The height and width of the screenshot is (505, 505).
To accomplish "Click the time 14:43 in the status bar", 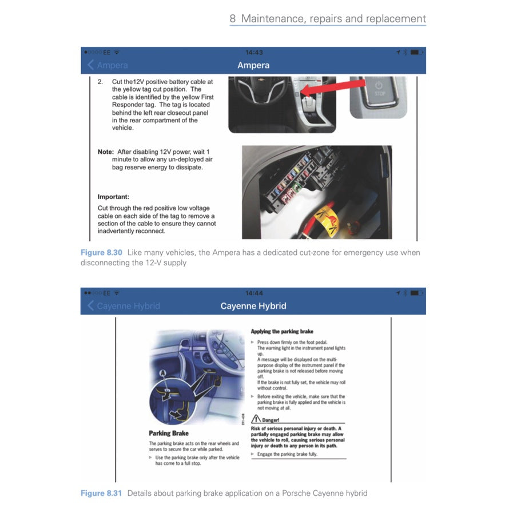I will click(x=253, y=52).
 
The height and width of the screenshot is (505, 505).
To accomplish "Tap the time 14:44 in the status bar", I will click(x=253, y=293).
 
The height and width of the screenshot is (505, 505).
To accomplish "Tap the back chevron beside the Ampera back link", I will click(x=90, y=65).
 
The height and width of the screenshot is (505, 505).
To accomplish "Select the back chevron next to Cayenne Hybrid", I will click(x=90, y=306).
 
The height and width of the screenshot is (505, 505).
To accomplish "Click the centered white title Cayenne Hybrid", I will click(x=253, y=306).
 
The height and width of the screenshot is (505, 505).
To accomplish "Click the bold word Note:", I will click(x=106, y=152).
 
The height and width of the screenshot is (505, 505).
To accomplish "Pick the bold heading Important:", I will click(x=113, y=196).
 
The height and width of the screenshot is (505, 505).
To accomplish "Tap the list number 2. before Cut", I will click(x=100, y=82).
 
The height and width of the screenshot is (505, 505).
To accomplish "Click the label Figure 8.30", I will click(x=101, y=253).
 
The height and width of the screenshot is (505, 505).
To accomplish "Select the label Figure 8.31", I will click(x=101, y=493).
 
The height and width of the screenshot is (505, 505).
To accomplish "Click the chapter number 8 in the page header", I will click(x=233, y=18).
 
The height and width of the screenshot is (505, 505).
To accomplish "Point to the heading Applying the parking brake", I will click(x=282, y=331).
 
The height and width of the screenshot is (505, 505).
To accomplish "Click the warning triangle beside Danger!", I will click(x=257, y=419).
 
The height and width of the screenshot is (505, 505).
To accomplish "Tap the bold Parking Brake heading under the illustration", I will click(x=169, y=434).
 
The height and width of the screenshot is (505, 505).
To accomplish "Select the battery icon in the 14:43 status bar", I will click(x=416, y=52).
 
